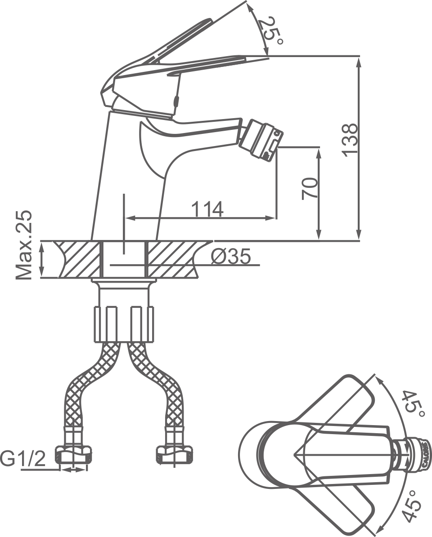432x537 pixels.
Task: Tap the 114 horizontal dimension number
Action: tap(207, 209)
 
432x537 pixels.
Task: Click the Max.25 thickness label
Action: tap(25, 245)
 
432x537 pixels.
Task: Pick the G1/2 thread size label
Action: tap(22, 459)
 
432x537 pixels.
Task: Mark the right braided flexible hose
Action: tap(164, 386)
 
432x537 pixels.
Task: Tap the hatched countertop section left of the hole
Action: tap(76, 259)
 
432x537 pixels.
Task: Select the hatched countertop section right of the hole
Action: tap(173, 259)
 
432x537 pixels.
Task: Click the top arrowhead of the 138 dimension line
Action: tap(359, 63)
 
